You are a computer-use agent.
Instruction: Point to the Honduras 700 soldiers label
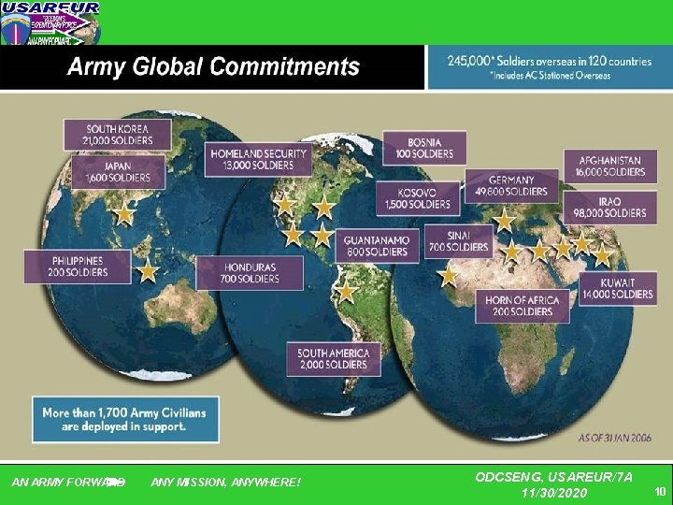click(250, 272)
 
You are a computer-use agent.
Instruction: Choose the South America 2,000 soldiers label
click(334, 359)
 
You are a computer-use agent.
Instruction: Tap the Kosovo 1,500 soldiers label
click(416, 197)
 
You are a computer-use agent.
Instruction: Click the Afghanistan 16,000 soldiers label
click(610, 166)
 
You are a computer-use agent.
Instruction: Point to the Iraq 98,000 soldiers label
click(611, 207)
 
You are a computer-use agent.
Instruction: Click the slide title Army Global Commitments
click(213, 67)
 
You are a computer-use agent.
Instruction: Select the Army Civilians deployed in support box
click(126, 418)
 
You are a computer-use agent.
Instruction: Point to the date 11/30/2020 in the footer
click(554, 492)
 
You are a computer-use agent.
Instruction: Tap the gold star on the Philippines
click(148, 271)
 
